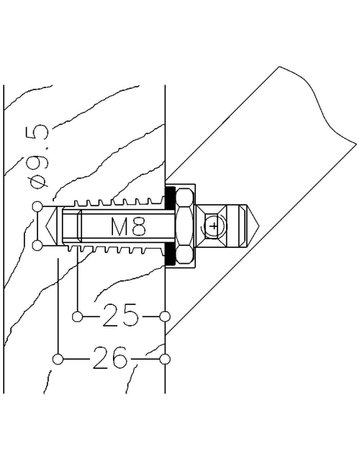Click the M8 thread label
tap(128, 226)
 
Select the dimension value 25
tap(120, 315)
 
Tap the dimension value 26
tap(110, 358)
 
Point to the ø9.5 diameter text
tap(39, 156)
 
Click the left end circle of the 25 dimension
tap(77, 316)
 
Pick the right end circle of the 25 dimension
tap(165, 316)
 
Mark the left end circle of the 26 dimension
tap(58, 359)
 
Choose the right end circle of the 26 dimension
tap(165, 359)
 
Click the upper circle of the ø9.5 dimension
tap(38, 207)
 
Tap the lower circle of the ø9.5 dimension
tap(38, 246)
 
